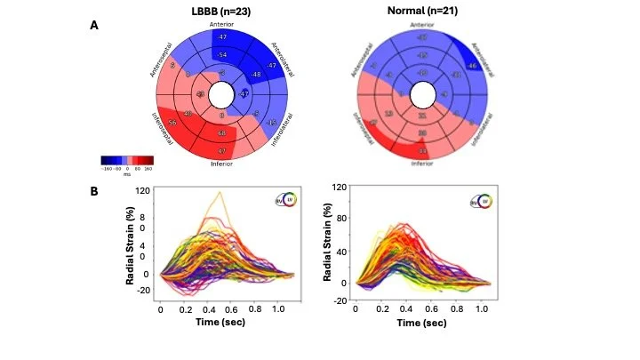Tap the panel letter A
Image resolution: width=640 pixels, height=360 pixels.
tap(95, 27)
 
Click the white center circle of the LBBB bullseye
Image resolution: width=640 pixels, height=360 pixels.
tap(223, 93)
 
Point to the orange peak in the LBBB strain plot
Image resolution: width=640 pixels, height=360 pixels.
tap(219, 193)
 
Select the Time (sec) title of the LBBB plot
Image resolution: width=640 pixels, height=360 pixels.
tap(220, 322)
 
